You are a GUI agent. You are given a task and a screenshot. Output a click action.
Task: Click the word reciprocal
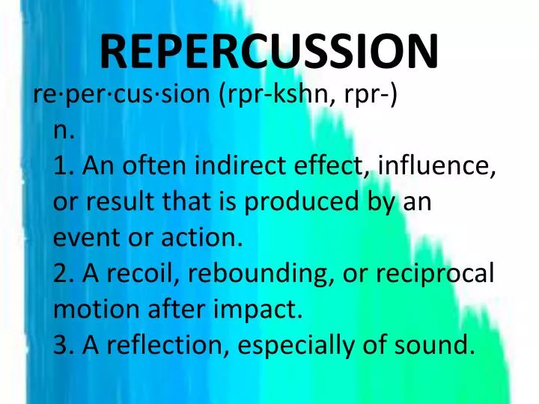(433, 274)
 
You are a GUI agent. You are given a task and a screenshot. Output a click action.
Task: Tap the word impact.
(261, 309)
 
